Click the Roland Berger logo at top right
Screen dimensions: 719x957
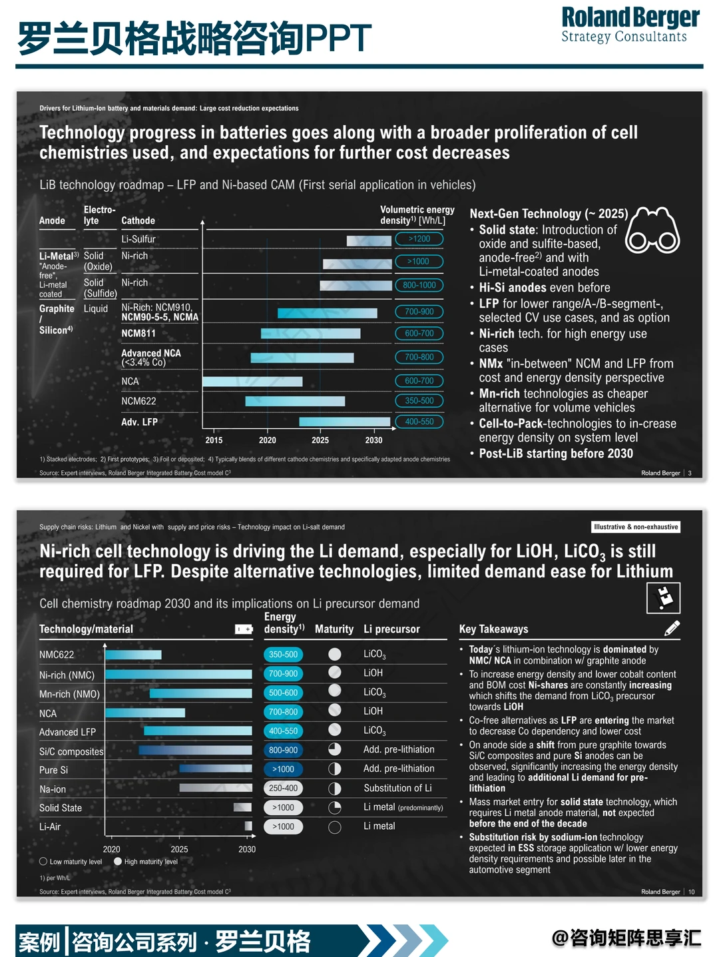(x=630, y=25)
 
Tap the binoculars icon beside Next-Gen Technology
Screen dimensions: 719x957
(x=652, y=230)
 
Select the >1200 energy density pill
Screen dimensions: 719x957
(x=419, y=239)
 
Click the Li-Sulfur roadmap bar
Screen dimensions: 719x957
(x=369, y=240)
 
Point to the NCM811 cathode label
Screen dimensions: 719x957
(x=138, y=334)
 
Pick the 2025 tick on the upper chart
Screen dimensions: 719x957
(x=320, y=440)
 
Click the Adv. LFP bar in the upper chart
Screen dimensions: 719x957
(x=344, y=422)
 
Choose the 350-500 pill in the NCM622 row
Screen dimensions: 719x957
(x=419, y=400)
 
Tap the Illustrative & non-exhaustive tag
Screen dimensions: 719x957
(x=636, y=527)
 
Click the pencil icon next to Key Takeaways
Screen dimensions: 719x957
(x=672, y=628)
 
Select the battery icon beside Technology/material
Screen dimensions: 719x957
(x=244, y=629)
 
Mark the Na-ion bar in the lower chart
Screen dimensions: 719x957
(x=216, y=788)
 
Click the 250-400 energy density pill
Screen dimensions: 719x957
(x=283, y=788)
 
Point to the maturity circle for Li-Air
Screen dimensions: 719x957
(x=335, y=826)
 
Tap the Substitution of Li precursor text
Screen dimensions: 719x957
(x=397, y=788)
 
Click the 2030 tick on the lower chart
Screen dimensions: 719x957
(x=246, y=849)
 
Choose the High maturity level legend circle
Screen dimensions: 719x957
(x=118, y=861)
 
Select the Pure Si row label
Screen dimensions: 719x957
(x=54, y=770)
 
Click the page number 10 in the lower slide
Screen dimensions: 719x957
(x=692, y=892)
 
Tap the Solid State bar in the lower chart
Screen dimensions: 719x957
(x=243, y=807)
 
